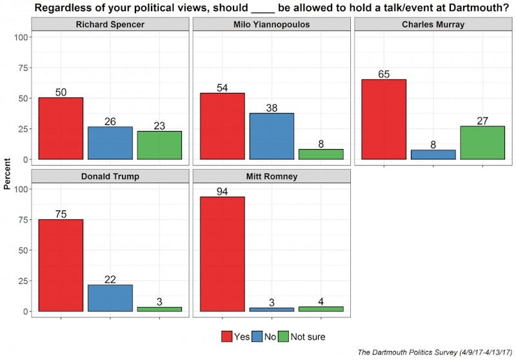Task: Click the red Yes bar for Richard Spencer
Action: (x=61, y=128)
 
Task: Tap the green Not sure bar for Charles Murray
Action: (x=482, y=143)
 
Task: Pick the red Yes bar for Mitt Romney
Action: (x=222, y=254)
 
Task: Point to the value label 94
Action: (x=222, y=191)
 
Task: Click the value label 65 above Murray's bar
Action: (x=383, y=74)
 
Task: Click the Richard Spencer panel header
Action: (x=110, y=25)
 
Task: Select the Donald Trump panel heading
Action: (x=110, y=176)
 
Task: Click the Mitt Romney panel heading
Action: (x=271, y=176)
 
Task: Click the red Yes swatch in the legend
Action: (x=226, y=336)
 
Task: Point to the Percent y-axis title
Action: (x=7, y=174)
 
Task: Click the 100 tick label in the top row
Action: (x=21, y=37)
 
